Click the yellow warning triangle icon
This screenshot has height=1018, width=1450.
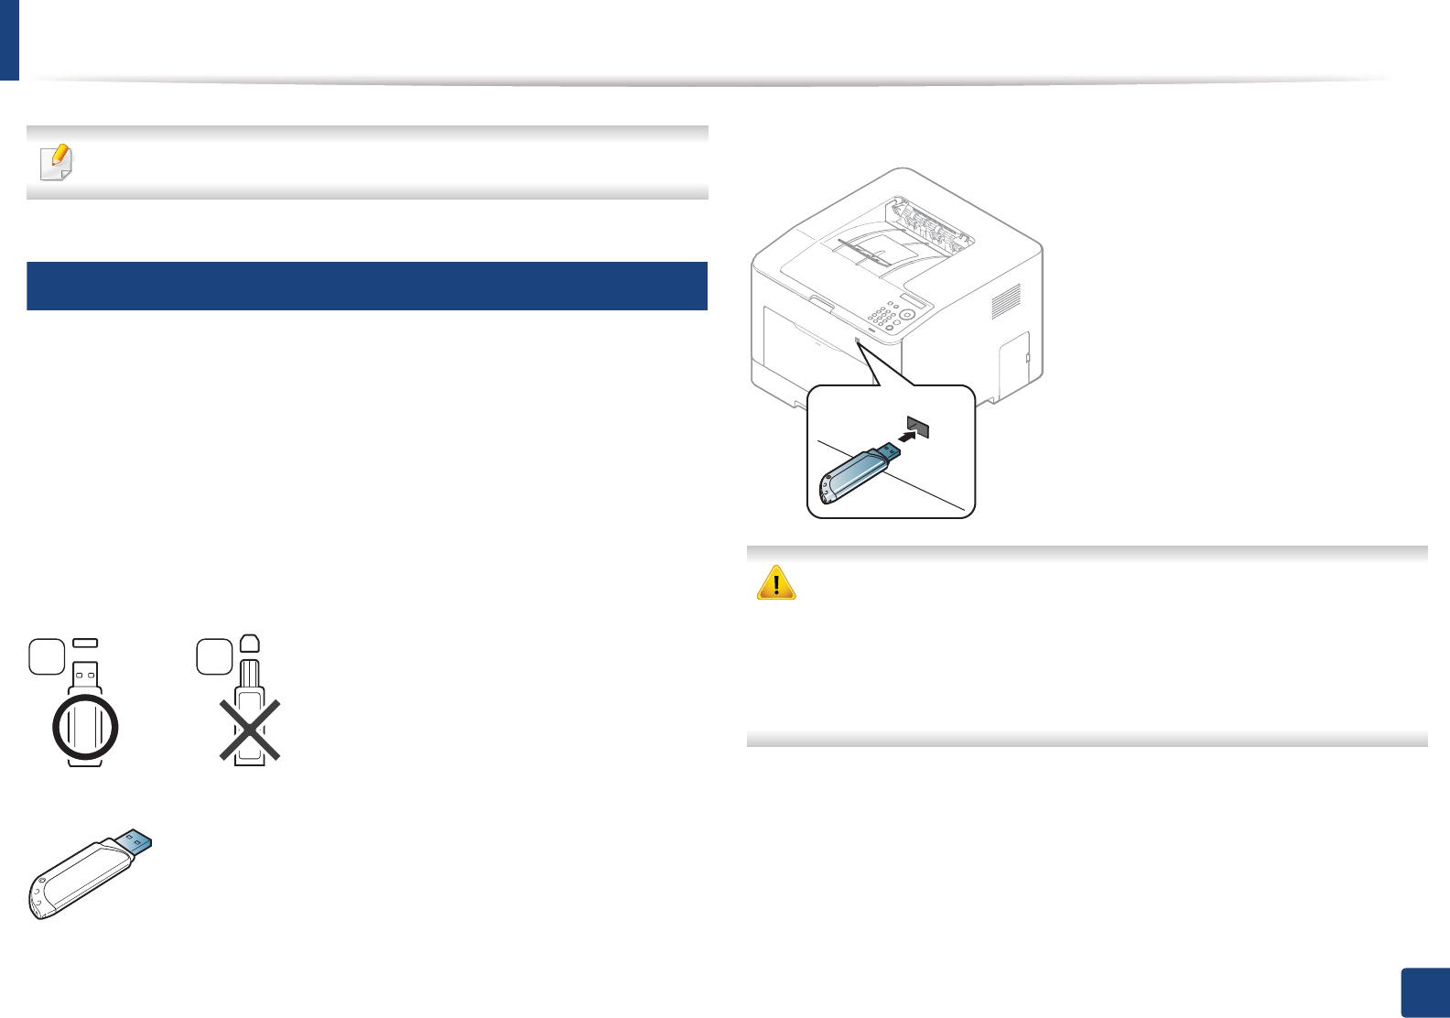(776, 582)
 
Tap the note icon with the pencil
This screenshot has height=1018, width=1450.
(57, 162)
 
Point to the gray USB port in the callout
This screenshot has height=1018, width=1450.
(918, 427)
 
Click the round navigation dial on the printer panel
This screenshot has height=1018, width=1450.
(907, 314)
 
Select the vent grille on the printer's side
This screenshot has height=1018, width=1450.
(1006, 301)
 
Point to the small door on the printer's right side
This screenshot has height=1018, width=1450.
(1014, 365)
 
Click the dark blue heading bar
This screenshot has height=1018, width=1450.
(366, 286)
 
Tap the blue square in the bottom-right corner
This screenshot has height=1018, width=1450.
(1425, 992)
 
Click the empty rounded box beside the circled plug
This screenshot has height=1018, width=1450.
(47, 656)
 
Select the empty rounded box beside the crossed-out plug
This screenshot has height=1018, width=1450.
(214, 656)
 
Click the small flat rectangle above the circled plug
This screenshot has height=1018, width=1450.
(85, 643)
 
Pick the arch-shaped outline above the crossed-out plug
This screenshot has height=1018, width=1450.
(250, 643)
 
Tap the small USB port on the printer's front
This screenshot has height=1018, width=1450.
(857, 341)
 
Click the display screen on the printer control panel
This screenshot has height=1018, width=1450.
(913, 301)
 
